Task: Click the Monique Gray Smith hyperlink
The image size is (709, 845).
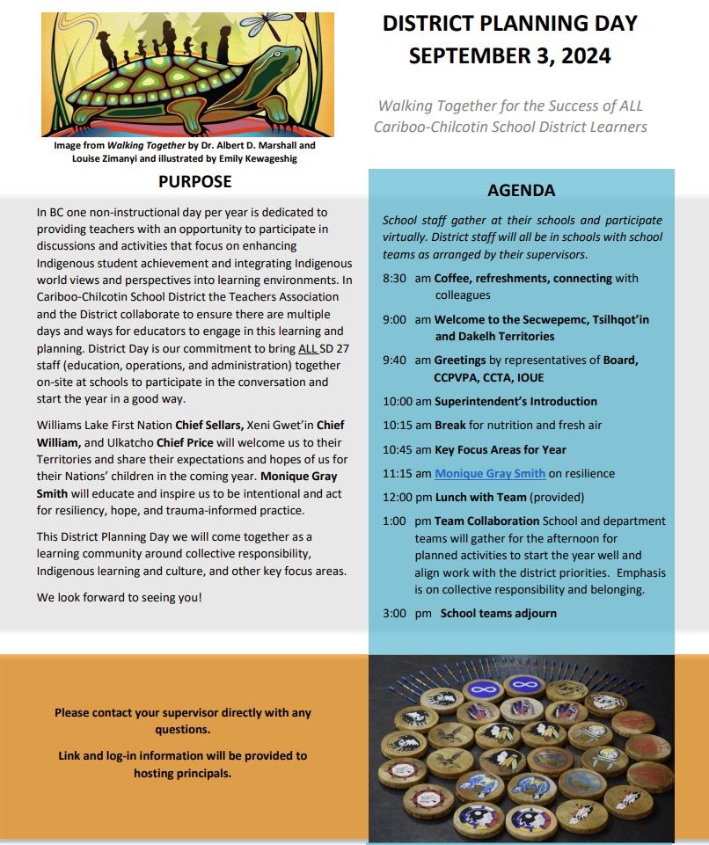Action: coord(490,474)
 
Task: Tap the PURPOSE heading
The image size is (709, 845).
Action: coord(194,182)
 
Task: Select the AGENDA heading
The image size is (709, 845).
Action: coord(521,191)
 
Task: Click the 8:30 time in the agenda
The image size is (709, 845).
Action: coord(396,279)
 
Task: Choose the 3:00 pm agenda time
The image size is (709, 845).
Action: coord(406,614)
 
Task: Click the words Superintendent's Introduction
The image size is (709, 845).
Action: coord(515,402)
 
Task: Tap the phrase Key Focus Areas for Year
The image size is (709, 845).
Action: coord(501,450)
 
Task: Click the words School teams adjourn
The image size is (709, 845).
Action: coord(499,614)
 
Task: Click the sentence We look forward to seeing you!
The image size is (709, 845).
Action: coord(119,598)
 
